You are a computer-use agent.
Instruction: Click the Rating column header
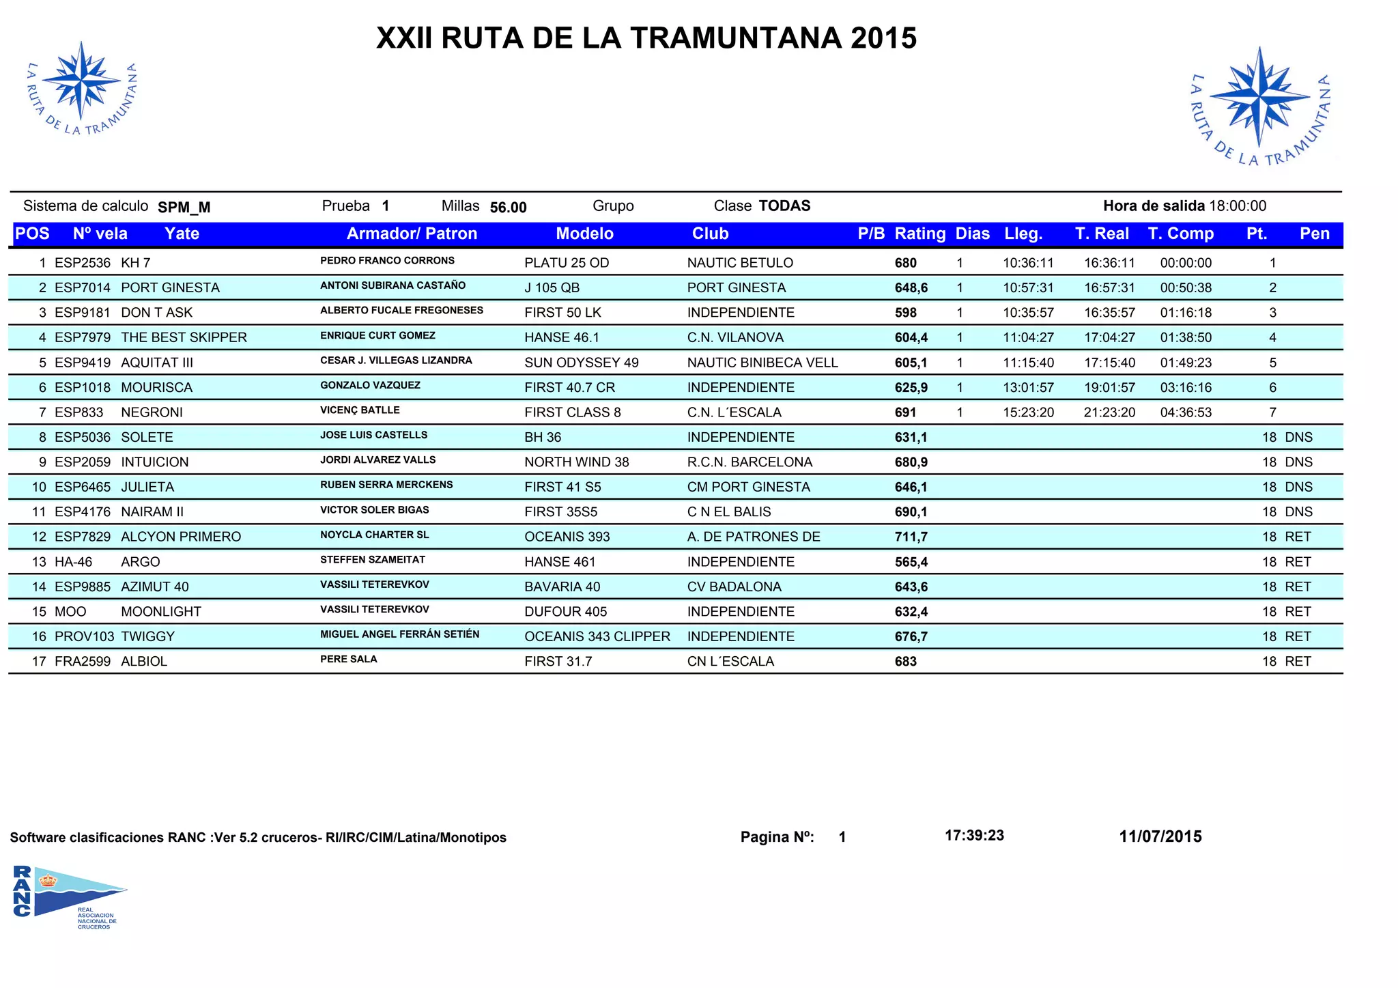(919, 234)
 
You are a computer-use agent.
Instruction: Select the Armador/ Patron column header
(412, 234)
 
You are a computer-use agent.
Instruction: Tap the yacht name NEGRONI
(152, 412)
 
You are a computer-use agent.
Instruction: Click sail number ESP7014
(82, 287)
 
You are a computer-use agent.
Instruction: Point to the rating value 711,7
(911, 537)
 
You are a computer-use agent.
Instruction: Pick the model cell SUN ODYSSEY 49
(581, 363)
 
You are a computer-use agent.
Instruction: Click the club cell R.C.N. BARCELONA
(750, 462)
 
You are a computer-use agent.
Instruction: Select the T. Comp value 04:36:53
(1186, 412)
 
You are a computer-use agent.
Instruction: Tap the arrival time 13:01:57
(1028, 388)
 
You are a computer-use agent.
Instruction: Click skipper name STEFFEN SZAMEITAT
(372, 560)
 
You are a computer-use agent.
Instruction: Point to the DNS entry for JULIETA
(1298, 487)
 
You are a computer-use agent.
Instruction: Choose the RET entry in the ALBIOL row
(1298, 661)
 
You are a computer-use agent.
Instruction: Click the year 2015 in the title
(883, 38)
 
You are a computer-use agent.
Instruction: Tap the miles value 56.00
(508, 208)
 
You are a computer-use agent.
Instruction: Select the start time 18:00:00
(1238, 206)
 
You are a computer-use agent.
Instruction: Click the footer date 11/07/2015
(1160, 836)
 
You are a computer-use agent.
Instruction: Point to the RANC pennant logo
(68, 894)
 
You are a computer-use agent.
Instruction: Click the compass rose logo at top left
(81, 85)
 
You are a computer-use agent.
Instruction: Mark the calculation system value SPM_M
(184, 208)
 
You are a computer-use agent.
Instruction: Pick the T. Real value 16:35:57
(1109, 313)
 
